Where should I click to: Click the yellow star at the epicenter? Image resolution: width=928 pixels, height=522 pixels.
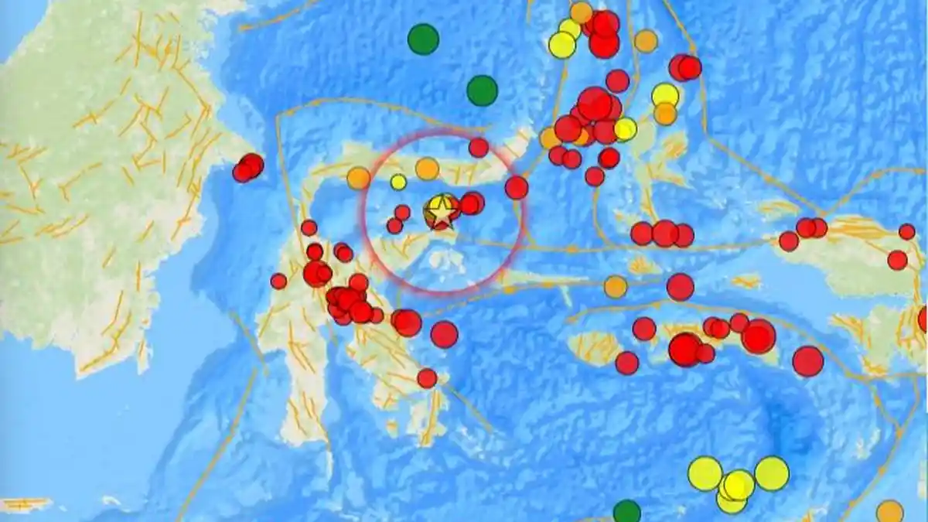click(x=441, y=210)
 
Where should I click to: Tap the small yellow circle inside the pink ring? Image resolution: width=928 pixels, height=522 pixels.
click(x=398, y=182)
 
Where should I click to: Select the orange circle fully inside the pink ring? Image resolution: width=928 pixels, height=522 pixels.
click(x=427, y=168)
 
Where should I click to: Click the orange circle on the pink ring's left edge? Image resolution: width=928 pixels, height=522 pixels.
click(x=358, y=178)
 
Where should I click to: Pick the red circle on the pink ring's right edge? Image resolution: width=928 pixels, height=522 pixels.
click(x=517, y=187)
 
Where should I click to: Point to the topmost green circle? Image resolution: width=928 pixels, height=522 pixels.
click(x=423, y=39)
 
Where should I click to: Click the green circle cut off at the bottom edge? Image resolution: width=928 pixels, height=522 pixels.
click(x=627, y=511)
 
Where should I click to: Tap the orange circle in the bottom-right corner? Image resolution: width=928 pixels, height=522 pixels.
click(x=890, y=511)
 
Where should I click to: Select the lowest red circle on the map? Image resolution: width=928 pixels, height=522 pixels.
click(x=427, y=378)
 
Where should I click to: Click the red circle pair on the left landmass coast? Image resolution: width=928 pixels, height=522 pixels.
click(x=248, y=167)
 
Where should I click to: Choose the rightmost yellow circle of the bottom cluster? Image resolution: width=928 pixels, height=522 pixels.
click(x=771, y=473)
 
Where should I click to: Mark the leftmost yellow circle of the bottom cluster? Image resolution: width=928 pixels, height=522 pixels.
click(x=705, y=473)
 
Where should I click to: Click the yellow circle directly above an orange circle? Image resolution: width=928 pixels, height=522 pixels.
click(x=665, y=95)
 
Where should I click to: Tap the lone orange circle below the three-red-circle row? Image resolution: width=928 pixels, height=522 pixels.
click(x=616, y=287)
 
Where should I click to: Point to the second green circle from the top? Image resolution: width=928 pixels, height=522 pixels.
click(x=482, y=90)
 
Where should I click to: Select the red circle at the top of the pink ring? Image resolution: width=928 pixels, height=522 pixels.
click(x=479, y=147)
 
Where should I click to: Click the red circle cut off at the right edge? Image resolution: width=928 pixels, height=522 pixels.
click(x=923, y=319)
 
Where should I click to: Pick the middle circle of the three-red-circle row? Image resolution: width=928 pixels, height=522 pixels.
click(x=665, y=233)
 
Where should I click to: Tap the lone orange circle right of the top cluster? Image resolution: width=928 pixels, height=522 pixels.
click(x=646, y=41)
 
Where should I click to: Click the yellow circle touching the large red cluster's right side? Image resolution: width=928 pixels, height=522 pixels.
click(x=625, y=129)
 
